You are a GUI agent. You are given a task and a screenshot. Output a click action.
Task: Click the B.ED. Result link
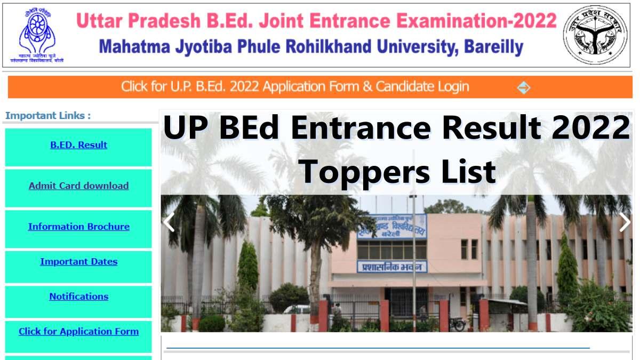[x=78, y=145]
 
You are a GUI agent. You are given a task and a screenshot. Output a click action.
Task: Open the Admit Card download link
[x=78, y=186]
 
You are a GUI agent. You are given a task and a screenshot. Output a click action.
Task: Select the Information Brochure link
[x=78, y=227]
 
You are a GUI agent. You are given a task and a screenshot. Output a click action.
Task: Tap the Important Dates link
[x=78, y=262]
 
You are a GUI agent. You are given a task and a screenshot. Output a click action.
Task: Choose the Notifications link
[x=78, y=297]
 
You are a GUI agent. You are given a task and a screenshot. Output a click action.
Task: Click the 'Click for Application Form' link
[x=78, y=332]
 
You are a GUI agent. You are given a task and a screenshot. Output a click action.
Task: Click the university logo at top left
[x=36, y=35]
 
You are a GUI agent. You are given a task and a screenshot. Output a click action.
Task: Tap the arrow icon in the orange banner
[x=524, y=87]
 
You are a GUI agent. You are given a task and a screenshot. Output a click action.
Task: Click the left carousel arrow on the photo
[x=169, y=222]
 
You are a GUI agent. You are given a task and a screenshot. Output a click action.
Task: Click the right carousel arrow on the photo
[x=625, y=222]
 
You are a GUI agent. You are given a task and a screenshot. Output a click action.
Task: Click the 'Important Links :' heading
[x=48, y=116]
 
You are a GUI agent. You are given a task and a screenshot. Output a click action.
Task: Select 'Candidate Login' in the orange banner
[x=422, y=87]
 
